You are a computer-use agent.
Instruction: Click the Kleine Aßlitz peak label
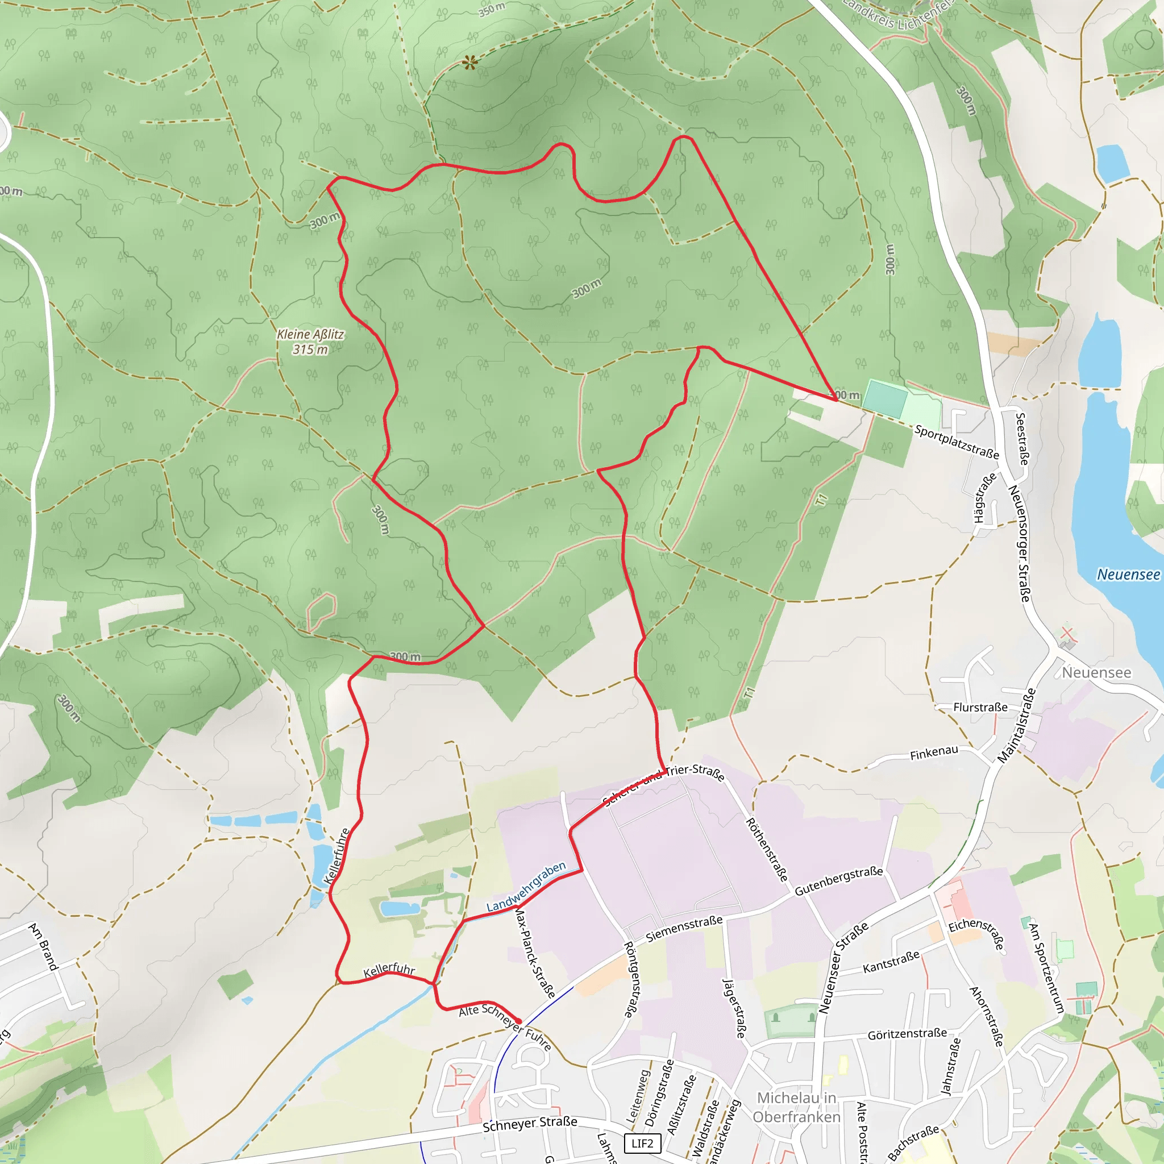pyautogui.click(x=310, y=341)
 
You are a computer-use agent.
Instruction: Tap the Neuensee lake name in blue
pyautogui.click(x=1128, y=574)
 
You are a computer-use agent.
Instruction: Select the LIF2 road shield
pyautogui.click(x=642, y=1143)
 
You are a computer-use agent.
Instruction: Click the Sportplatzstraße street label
pyautogui.click(x=956, y=442)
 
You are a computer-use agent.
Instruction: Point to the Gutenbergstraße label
pyautogui.click(x=839, y=881)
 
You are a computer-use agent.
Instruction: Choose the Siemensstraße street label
pyautogui.click(x=684, y=929)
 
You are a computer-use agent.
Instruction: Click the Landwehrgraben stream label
pyautogui.click(x=526, y=886)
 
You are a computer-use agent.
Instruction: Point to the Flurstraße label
pyautogui.click(x=980, y=707)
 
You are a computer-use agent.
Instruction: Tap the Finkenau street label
pyautogui.click(x=934, y=753)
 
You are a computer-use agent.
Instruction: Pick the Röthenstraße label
pyautogui.click(x=767, y=850)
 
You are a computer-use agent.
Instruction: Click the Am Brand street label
pyautogui.click(x=43, y=946)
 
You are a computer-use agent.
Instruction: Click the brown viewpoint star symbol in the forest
pyautogui.click(x=470, y=61)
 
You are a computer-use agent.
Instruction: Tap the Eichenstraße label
pyautogui.click(x=976, y=934)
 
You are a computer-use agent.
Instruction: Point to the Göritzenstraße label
pyautogui.click(x=907, y=1034)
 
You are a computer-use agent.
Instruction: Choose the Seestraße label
pyautogui.click(x=1022, y=439)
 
